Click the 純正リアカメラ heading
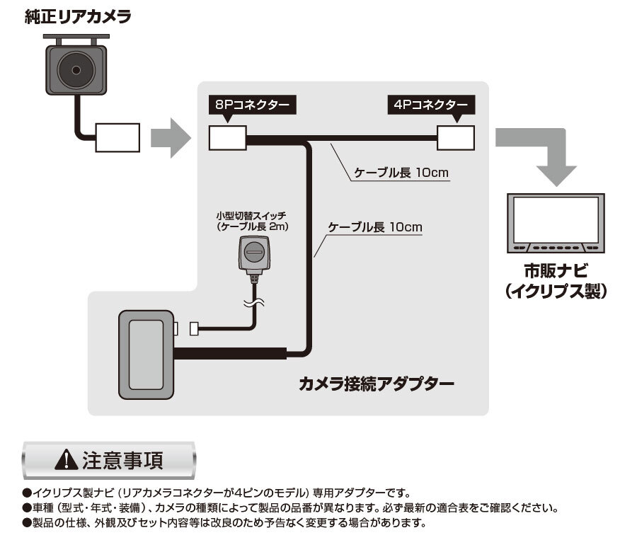pos(77,17)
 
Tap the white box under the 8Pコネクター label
pos(227,137)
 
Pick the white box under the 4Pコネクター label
pos(455,137)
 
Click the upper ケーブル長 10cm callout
pos(401,172)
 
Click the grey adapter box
pos(145,352)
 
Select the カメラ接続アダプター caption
pos(376,384)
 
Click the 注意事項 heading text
pos(123,460)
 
